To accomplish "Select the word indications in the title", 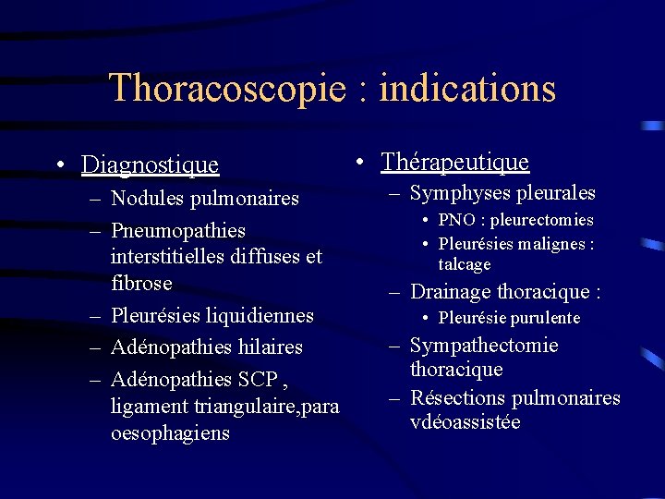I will click(467, 89).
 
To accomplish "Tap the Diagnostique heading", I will click(150, 165).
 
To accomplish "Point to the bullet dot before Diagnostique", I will click(58, 165).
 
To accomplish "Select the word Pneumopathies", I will click(178, 229).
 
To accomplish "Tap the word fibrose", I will click(141, 282).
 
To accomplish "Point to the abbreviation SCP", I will click(259, 379).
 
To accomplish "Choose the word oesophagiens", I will click(170, 432).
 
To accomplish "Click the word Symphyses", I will click(454, 193).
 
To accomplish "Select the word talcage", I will click(465, 264).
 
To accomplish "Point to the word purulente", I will click(544, 318).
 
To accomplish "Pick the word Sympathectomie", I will click(484, 346).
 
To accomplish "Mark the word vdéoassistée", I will click(465, 422).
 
